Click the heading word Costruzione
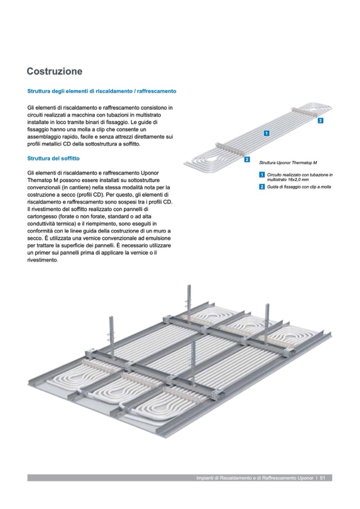55,71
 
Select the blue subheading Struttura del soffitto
54,158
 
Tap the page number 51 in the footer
322,478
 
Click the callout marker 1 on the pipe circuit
267,133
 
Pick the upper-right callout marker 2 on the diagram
320,121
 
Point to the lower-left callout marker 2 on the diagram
247,159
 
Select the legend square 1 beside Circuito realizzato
262,175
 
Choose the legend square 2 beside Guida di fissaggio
262,187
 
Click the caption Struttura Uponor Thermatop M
288,162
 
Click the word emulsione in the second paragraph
159,238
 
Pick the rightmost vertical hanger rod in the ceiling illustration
268,320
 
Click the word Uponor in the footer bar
305,478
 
